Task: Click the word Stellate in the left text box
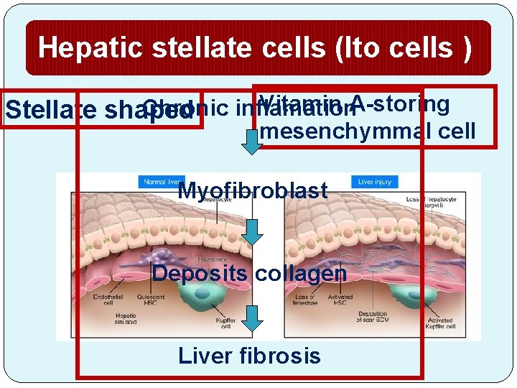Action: tap(50, 111)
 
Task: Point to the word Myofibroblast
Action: tap(252, 191)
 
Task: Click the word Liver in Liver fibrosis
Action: tap(203, 355)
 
